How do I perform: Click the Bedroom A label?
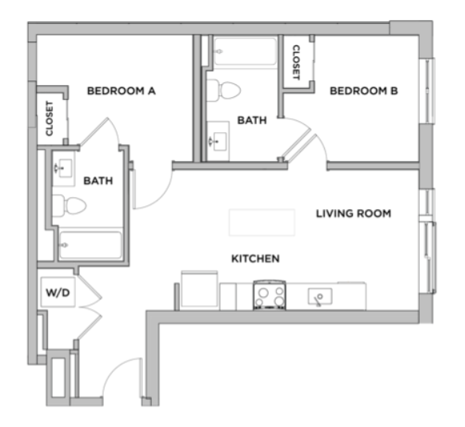(121, 91)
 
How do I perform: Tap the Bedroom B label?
(363, 91)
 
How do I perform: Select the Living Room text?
(354, 214)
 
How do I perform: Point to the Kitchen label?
(255, 259)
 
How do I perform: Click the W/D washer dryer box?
(58, 292)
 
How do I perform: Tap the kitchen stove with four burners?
(269, 295)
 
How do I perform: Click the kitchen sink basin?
(320, 296)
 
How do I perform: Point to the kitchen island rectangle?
(262, 223)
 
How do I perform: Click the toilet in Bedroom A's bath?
(69, 205)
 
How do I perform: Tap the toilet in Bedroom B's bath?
(223, 90)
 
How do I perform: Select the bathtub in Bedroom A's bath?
(90, 245)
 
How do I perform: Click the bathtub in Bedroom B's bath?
(245, 51)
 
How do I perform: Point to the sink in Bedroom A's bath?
(64, 168)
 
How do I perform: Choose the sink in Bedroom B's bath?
(218, 141)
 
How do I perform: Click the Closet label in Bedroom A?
(49, 119)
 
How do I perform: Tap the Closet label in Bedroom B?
(296, 62)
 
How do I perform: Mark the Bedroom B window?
(427, 91)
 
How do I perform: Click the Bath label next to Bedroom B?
(252, 120)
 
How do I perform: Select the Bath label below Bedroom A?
(98, 180)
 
